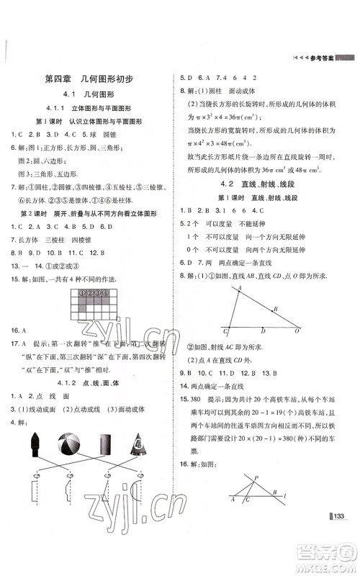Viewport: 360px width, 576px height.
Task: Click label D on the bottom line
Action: pyautogui.click(x=262, y=332)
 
